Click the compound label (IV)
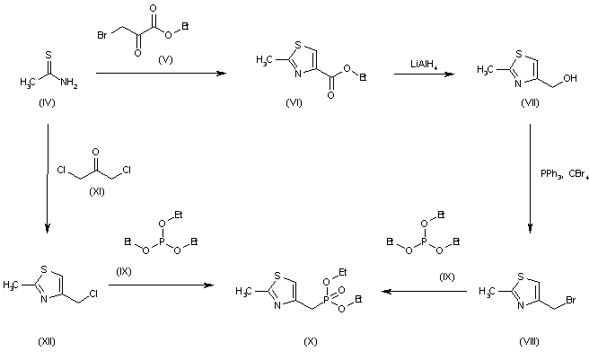(46, 105)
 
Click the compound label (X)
(309, 341)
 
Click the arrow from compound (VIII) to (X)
(423, 291)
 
